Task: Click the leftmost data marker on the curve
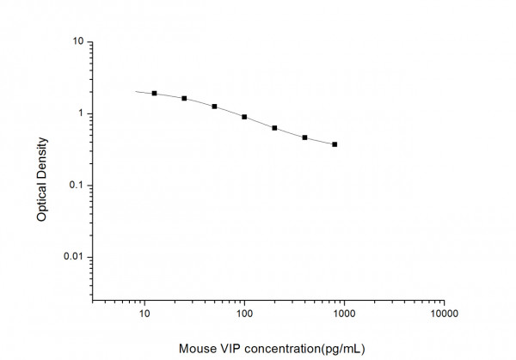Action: tap(154, 93)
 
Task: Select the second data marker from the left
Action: tap(184, 98)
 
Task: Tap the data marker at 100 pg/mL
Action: tap(244, 117)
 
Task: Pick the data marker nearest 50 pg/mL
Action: tap(214, 107)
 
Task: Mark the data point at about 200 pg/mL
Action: tap(274, 128)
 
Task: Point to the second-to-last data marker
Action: tap(304, 137)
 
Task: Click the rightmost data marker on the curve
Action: tap(335, 144)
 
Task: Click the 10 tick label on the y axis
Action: tap(77, 41)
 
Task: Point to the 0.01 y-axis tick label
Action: tap(73, 258)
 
